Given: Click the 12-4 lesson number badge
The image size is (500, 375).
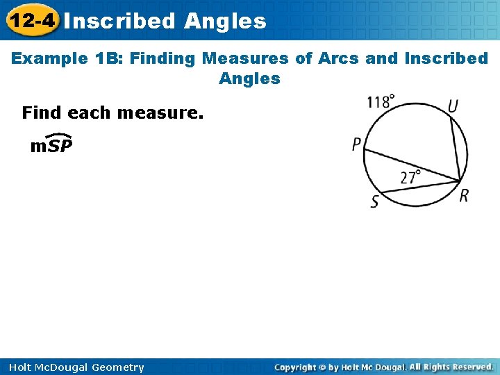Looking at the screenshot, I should (29, 21).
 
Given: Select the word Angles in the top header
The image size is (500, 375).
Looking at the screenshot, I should (225, 22).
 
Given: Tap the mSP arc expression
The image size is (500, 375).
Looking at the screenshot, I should (51, 145).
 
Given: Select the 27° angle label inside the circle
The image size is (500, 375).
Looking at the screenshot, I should (411, 176).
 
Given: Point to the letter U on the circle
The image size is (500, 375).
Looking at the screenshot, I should (453, 106).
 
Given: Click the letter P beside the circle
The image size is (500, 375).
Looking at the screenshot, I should (356, 145).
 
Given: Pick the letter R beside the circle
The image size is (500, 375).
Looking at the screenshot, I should (464, 195).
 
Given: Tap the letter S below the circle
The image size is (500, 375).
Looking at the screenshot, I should (374, 202).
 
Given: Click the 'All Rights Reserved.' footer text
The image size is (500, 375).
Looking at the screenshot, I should (451, 367).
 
